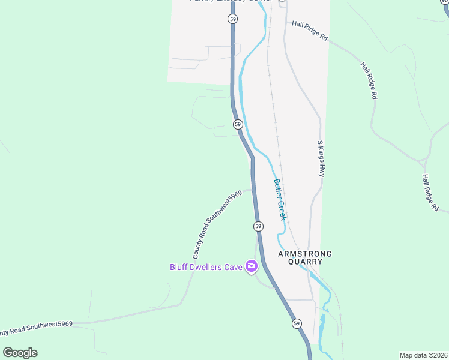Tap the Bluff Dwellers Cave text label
206,267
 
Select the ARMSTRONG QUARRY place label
304,257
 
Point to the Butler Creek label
279,199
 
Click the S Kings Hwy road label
321,158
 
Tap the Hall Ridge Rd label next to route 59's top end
310,32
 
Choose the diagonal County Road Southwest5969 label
217,224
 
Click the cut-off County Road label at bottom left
36,327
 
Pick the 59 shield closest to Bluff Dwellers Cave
258,226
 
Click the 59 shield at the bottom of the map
297,323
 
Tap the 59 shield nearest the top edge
232,19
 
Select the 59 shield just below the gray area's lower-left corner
238,124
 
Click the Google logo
20,352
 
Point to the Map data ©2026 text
423,355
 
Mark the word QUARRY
304,262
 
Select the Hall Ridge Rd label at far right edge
430,193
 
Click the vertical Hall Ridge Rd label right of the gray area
369,80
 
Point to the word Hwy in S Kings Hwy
321,170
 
